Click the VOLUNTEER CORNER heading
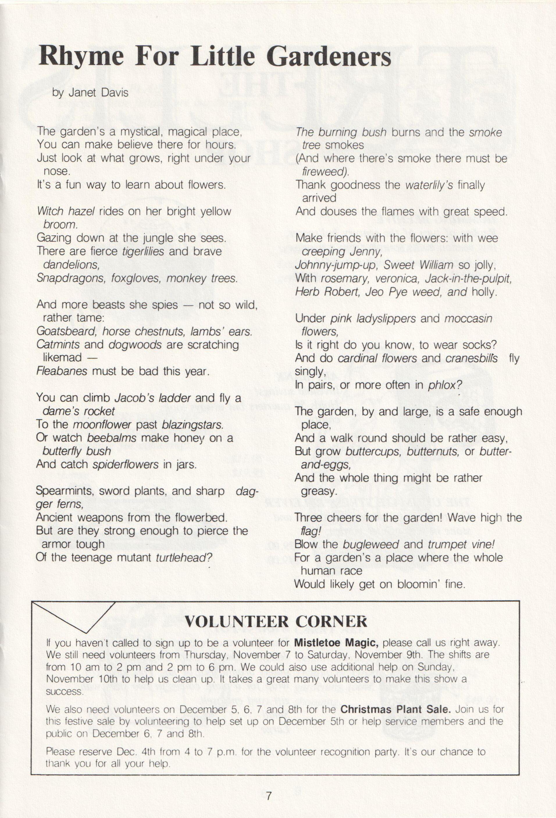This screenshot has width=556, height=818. click(276, 622)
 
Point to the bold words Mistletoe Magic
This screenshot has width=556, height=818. click(336, 643)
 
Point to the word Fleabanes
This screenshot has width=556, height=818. click(62, 371)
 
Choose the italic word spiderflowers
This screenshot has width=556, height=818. click(125, 465)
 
